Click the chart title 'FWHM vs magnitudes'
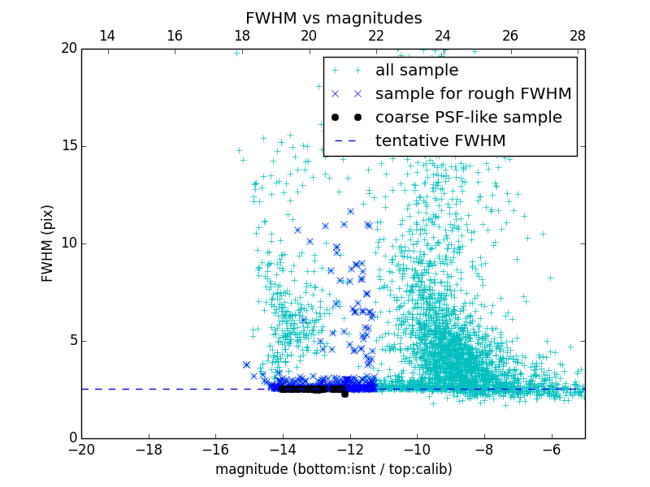(333, 18)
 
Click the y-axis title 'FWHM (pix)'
(48, 243)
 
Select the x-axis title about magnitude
(333, 469)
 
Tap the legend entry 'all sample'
(417, 71)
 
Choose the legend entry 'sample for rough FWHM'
(473, 94)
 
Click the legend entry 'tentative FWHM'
(440, 141)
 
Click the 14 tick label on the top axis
(106, 36)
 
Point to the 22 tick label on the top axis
(376, 36)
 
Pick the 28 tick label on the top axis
(578, 36)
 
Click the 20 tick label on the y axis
(67, 49)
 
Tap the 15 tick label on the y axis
(67, 146)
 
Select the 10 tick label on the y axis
(67, 243)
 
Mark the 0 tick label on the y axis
(71, 438)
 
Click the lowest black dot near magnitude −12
(344, 394)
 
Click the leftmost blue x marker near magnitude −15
(246, 365)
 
